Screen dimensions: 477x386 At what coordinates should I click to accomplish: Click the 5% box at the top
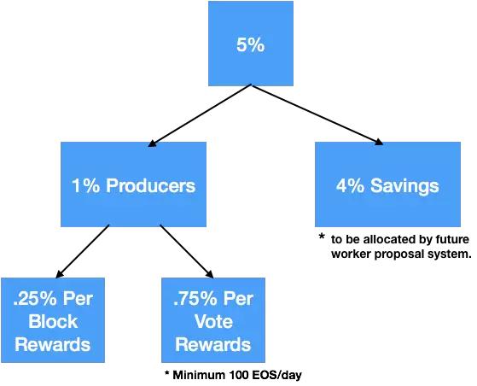point(251,44)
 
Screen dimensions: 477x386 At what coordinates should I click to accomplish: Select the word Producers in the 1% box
point(150,185)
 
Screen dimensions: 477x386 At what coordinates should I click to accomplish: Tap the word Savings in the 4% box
point(404,186)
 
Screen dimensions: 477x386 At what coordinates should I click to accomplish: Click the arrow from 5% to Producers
point(200,115)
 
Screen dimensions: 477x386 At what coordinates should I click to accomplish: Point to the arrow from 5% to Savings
point(317,114)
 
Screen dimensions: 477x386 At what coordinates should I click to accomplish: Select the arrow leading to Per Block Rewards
point(82,251)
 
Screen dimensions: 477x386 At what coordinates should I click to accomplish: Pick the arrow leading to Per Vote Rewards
point(187,251)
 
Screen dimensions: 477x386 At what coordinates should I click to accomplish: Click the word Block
point(53,321)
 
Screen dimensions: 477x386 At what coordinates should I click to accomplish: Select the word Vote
point(213,321)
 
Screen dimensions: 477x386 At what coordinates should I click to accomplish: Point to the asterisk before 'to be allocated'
point(322,237)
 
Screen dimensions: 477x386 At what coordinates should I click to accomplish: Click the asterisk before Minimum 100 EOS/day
point(166,373)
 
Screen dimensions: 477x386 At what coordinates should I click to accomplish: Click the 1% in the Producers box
point(86,185)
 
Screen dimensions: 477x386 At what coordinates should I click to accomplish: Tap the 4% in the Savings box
point(350,185)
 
